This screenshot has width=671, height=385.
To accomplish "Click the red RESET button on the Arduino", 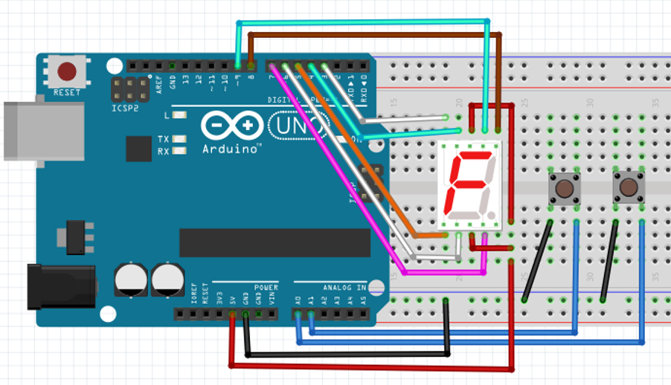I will (x=67, y=71).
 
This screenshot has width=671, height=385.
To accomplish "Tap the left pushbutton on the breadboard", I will (x=564, y=187).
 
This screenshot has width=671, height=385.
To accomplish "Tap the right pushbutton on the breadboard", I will (x=629, y=187).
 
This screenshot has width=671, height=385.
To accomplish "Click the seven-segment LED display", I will (x=469, y=184).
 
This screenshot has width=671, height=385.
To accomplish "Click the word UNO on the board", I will (x=296, y=126).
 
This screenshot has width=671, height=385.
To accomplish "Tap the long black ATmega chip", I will (x=274, y=242).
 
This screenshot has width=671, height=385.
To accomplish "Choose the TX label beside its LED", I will (x=164, y=140).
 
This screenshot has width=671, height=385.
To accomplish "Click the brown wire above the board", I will (x=372, y=34).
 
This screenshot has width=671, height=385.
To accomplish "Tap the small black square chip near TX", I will (x=138, y=149).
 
